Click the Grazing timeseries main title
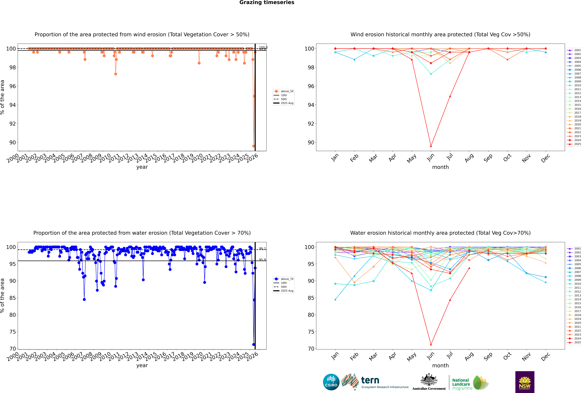(267, 2)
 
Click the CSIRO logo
(331, 382)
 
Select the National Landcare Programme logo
(470, 383)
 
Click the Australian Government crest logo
(429, 381)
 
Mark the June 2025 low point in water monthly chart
(431, 344)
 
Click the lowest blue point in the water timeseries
(253, 344)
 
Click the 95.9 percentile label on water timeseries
(262, 260)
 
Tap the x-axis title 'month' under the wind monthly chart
(440, 167)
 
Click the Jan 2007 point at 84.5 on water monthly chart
(335, 300)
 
